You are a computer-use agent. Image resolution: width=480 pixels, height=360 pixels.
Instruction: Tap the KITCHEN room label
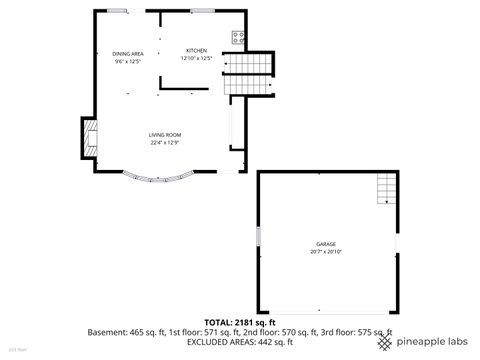[x=196, y=51]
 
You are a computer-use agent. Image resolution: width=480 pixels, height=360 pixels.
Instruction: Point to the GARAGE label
[x=326, y=243]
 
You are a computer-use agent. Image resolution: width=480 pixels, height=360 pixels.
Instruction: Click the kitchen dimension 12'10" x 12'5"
[x=196, y=59]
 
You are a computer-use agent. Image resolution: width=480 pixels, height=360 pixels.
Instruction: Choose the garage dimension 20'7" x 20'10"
[x=326, y=251]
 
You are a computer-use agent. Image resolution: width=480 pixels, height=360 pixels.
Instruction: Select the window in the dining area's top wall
[x=119, y=10]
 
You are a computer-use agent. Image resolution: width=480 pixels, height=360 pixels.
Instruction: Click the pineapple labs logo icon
[x=385, y=341]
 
